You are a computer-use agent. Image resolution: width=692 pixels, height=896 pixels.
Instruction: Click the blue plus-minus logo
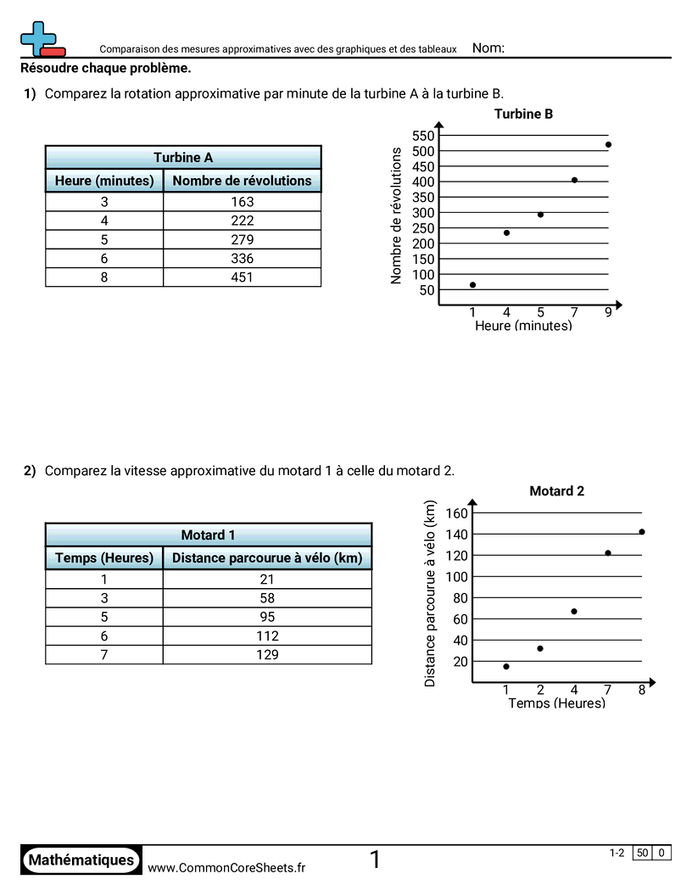pyautogui.click(x=41, y=39)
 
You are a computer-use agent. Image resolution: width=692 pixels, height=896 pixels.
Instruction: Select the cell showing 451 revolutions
pyautogui.click(x=242, y=277)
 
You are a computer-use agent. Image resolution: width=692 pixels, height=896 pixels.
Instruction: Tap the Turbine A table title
pyautogui.click(x=183, y=157)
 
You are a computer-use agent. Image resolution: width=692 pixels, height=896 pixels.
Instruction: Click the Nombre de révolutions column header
pyautogui.click(x=242, y=181)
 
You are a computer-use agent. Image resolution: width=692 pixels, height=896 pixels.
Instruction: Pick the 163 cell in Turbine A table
pyautogui.click(x=242, y=202)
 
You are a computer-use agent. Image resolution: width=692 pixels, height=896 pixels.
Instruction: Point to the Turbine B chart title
pyautogui.click(x=523, y=114)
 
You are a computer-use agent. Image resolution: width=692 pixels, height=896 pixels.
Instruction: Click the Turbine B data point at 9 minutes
pyautogui.click(x=608, y=144)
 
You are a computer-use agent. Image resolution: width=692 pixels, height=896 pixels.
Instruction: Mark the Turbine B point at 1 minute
pyautogui.click(x=472, y=284)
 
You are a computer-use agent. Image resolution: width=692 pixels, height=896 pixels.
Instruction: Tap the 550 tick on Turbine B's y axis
pyautogui.click(x=422, y=136)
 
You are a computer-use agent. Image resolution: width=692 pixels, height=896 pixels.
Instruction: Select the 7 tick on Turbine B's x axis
pyautogui.click(x=574, y=312)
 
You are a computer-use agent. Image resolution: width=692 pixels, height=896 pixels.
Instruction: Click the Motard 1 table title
pyautogui.click(x=208, y=535)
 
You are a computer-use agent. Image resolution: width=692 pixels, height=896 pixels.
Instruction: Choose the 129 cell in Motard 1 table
pyautogui.click(x=267, y=654)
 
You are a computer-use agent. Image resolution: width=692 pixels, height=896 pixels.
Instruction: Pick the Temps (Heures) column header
pyautogui.click(x=104, y=557)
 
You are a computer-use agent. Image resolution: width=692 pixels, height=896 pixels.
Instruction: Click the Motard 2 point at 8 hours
pyautogui.click(x=642, y=532)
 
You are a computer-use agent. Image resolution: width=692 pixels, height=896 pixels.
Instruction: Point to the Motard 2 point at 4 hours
pyautogui.click(x=574, y=611)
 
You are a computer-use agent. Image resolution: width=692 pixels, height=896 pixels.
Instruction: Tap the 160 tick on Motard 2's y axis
pyautogui.click(x=456, y=513)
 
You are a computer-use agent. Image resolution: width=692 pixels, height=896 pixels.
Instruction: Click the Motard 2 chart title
pyautogui.click(x=556, y=490)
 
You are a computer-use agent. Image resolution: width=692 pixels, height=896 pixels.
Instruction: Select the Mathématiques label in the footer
pyautogui.click(x=81, y=860)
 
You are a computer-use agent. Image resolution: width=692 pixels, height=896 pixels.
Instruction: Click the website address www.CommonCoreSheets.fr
pyautogui.click(x=226, y=867)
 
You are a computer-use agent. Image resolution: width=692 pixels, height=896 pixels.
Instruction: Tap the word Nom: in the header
pyautogui.click(x=488, y=48)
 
